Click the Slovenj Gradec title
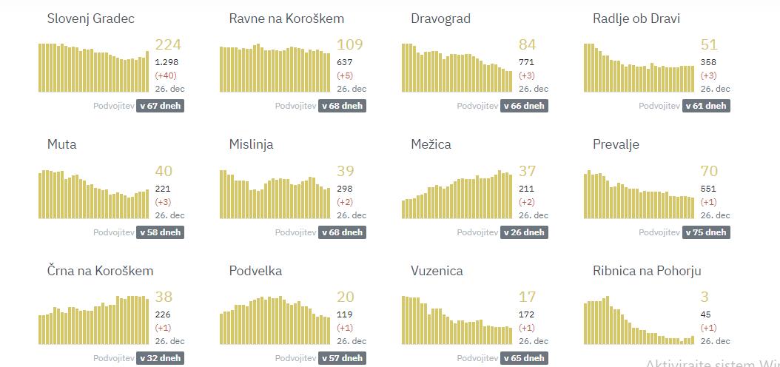coord(90,18)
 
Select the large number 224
coord(168,45)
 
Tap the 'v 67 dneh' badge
coord(159,106)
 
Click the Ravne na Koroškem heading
coord(286,18)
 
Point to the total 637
coord(345,62)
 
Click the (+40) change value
coord(166,75)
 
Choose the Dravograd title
coord(440,18)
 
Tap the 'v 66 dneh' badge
coord(523,106)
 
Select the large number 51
coord(709,45)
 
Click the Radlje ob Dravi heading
coord(636,18)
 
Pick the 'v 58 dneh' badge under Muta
coord(159,232)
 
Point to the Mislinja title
coord(251,144)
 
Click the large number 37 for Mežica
coord(527,172)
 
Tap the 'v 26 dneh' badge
coord(523,232)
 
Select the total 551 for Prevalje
coord(708,189)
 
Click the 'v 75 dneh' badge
coord(705,232)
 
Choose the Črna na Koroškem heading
coord(100,271)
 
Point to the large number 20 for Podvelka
coord(346,297)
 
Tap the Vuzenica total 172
coord(526,314)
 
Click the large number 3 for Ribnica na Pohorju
coord(705,297)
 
